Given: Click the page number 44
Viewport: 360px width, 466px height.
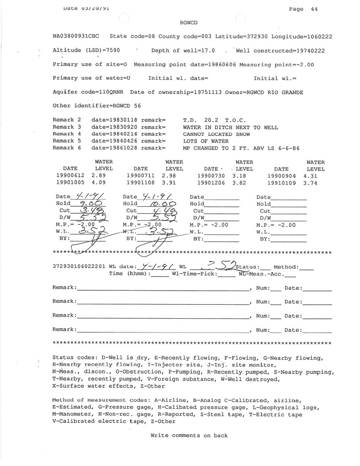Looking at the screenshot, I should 314,9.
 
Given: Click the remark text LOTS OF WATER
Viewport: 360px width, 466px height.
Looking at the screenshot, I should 206,141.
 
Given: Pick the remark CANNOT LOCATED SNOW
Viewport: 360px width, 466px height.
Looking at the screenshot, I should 216,134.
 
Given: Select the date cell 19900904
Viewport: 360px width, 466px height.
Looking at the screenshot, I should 281,176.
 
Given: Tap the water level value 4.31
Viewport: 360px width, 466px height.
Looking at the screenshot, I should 315,176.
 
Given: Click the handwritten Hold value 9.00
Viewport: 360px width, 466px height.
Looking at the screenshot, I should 90,204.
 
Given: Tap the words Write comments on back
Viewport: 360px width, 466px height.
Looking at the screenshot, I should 189,436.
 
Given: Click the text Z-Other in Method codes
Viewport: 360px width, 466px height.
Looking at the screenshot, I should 163,421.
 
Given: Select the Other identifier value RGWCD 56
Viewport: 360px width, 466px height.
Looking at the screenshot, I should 124,106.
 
